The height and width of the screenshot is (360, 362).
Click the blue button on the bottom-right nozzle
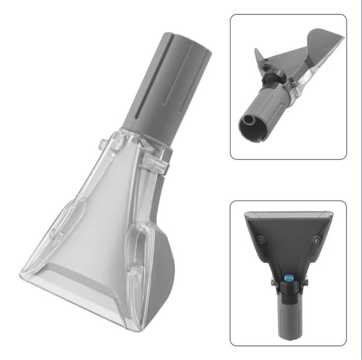[x=288, y=276]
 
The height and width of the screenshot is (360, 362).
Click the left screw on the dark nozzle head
[x=262, y=239]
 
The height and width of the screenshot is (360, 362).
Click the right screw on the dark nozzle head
[x=316, y=240]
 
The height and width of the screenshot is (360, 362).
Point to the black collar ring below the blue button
[x=288, y=290]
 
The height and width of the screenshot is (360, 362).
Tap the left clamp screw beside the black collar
[x=272, y=282]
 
